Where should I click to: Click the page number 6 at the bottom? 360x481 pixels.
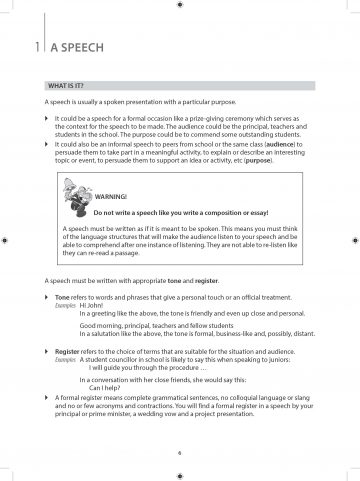180,452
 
